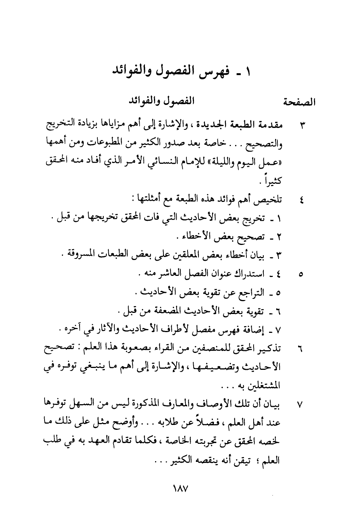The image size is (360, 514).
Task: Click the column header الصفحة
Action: click(x=298, y=102)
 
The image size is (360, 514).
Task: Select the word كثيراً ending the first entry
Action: click(x=272, y=181)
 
